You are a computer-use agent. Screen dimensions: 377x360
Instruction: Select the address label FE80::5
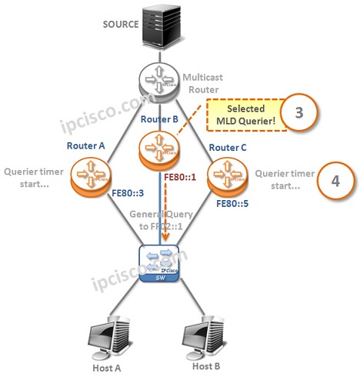click(235, 205)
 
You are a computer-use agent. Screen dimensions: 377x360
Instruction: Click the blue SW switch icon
click(160, 263)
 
